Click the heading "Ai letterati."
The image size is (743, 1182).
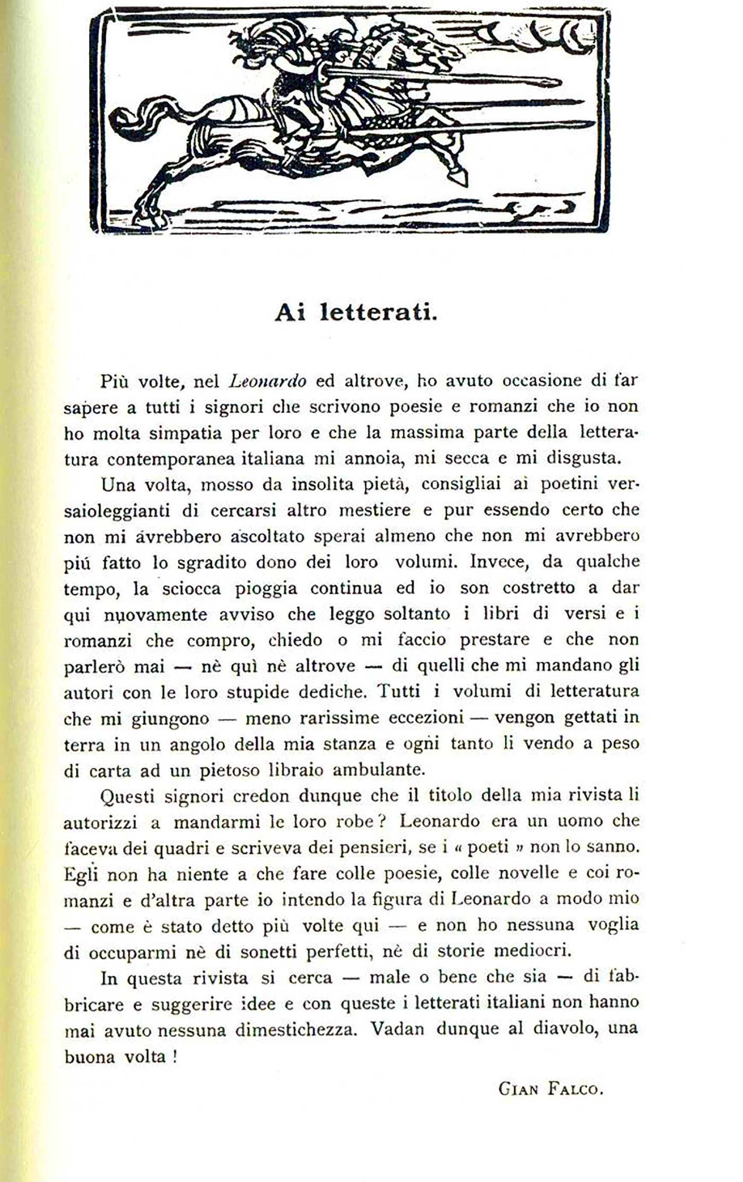click(x=356, y=312)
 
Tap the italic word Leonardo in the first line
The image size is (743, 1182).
click(x=268, y=381)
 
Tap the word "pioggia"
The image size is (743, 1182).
click(x=266, y=588)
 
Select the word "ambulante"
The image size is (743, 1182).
click(x=377, y=770)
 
